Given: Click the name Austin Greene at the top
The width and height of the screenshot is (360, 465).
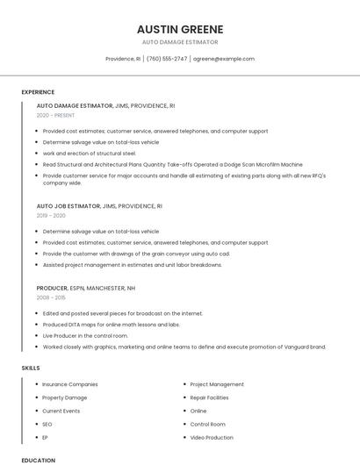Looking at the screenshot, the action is (x=180, y=29).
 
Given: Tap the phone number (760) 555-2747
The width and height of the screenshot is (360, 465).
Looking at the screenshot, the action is (x=167, y=59).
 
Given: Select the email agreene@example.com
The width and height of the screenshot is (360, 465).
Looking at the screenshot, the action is (x=223, y=59).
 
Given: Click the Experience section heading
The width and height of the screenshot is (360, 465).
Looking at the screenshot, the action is (x=38, y=92).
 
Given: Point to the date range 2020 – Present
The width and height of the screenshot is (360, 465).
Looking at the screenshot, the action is (x=55, y=115).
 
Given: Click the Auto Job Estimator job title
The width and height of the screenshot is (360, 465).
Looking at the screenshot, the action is (x=68, y=206).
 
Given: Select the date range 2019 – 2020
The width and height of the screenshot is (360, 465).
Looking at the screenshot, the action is (x=51, y=216).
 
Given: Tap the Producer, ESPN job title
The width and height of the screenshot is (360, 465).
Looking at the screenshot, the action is (x=86, y=288).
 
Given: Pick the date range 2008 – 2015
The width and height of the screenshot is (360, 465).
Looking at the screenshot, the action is (x=51, y=297).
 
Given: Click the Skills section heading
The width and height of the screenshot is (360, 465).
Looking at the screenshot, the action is (x=31, y=368).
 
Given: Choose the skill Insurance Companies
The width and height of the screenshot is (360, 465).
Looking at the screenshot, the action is (x=70, y=384).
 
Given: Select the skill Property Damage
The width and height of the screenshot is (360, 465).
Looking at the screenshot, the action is (x=65, y=397).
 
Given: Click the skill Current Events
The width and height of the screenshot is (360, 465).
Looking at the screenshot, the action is (x=61, y=411).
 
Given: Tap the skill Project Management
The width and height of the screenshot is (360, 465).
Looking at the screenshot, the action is (x=217, y=384).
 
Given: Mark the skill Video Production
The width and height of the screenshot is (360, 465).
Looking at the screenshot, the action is (x=212, y=437).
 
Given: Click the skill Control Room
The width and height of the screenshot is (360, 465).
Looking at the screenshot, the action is (x=207, y=424).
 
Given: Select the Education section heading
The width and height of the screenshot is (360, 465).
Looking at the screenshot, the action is (x=38, y=460).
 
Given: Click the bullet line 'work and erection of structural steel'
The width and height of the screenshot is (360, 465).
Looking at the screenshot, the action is (x=90, y=153).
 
